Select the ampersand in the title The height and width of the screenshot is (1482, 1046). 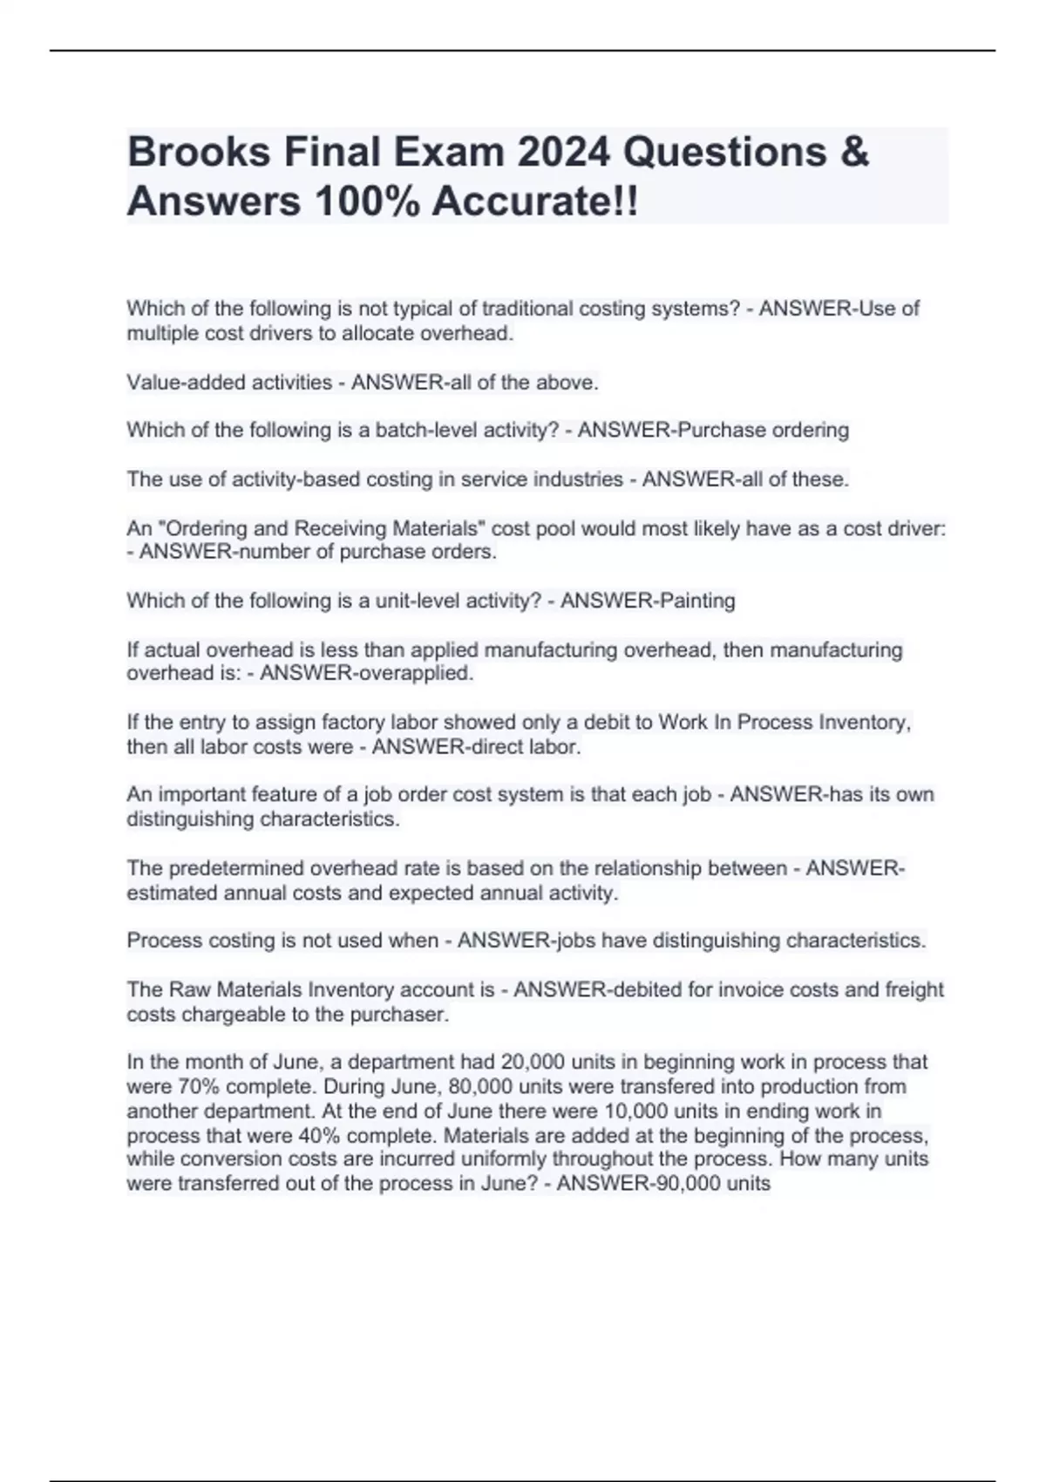point(856,153)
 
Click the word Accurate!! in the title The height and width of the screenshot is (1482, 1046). point(534,202)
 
